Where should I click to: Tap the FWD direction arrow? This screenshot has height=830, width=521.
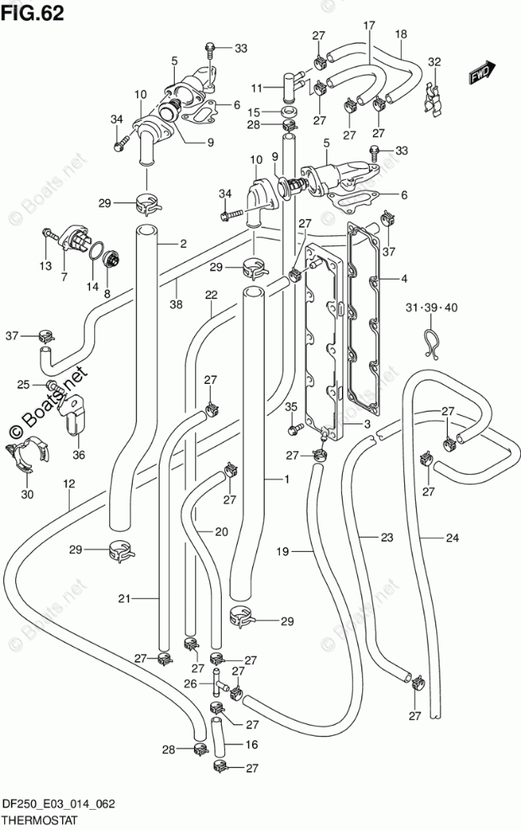point(482,72)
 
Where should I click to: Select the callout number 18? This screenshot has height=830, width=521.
point(401,34)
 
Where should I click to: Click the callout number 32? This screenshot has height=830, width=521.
point(434,61)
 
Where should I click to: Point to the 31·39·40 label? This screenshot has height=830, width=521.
point(432,307)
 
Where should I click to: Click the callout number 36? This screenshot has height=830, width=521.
point(79,454)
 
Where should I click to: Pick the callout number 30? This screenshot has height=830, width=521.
point(27,495)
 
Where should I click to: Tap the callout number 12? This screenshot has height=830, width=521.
point(69,483)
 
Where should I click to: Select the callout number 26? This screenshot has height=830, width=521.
point(190,684)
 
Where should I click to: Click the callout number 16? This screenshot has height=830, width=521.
point(251,744)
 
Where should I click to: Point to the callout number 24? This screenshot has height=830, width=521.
point(451,538)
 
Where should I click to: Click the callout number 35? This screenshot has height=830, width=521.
point(291,407)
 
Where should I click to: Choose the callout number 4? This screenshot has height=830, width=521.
point(403,278)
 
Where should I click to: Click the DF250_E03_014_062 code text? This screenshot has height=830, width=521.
point(59,805)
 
